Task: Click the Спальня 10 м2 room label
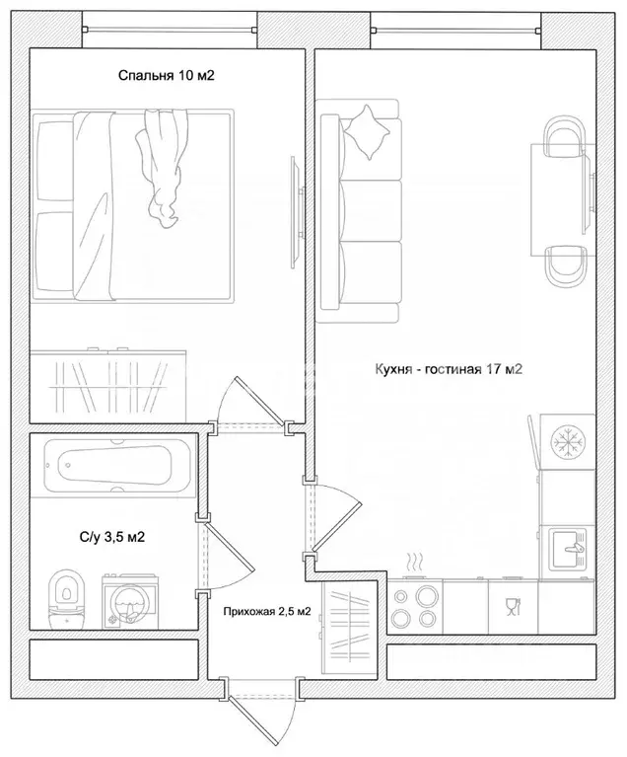[x=166, y=75]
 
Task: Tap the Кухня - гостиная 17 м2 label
[x=449, y=369]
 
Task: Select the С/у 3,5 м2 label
[x=111, y=537]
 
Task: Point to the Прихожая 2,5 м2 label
[x=267, y=612]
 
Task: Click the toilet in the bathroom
[x=67, y=599]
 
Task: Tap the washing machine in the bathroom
[x=130, y=601]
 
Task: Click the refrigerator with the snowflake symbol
[x=567, y=441]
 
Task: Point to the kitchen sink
[x=569, y=550]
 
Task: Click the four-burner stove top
[x=415, y=605]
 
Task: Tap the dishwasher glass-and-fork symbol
[x=513, y=606]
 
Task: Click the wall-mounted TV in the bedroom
[x=297, y=212]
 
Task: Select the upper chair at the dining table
[x=564, y=136]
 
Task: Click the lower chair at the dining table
[x=566, y=267]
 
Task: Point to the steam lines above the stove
[x=414, y=562]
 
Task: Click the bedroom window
[x=170, y=30]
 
